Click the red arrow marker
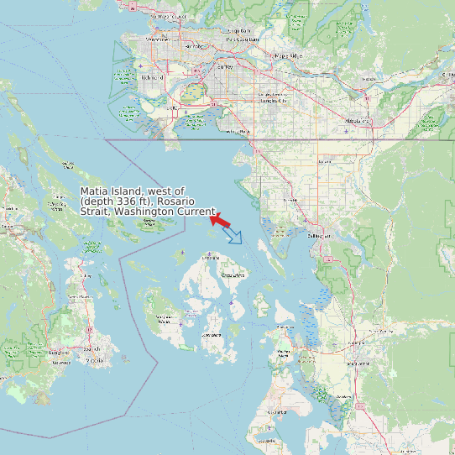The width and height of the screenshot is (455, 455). pos(222,220)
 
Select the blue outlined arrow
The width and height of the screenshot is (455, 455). pos(233,235)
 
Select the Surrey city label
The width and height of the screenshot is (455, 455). pos(224,65)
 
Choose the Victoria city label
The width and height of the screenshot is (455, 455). pos(95,360)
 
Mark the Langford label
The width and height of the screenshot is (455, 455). pos(58,353)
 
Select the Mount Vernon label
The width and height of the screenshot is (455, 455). pos(358,363)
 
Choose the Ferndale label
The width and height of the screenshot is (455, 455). pos(290,201)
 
